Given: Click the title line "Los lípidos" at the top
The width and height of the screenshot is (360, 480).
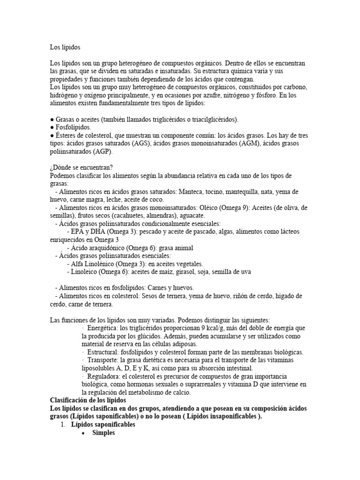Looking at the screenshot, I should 65,47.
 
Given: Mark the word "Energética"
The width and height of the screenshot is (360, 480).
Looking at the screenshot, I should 101,328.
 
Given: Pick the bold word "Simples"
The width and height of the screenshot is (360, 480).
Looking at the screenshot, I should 104,433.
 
